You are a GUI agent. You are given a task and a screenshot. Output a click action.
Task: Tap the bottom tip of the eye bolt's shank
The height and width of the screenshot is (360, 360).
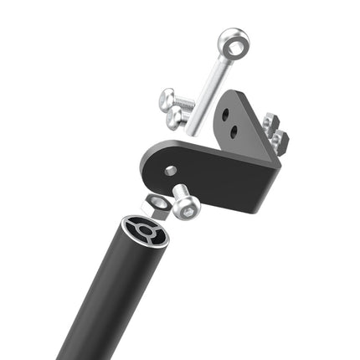(190, 131)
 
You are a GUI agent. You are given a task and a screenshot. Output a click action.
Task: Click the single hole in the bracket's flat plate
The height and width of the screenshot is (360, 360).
(171, 171)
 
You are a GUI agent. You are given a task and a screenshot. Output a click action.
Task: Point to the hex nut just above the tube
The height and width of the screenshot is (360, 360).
(157, 203)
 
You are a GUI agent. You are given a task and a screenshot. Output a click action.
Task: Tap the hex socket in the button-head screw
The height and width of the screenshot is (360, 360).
(189, 213)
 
